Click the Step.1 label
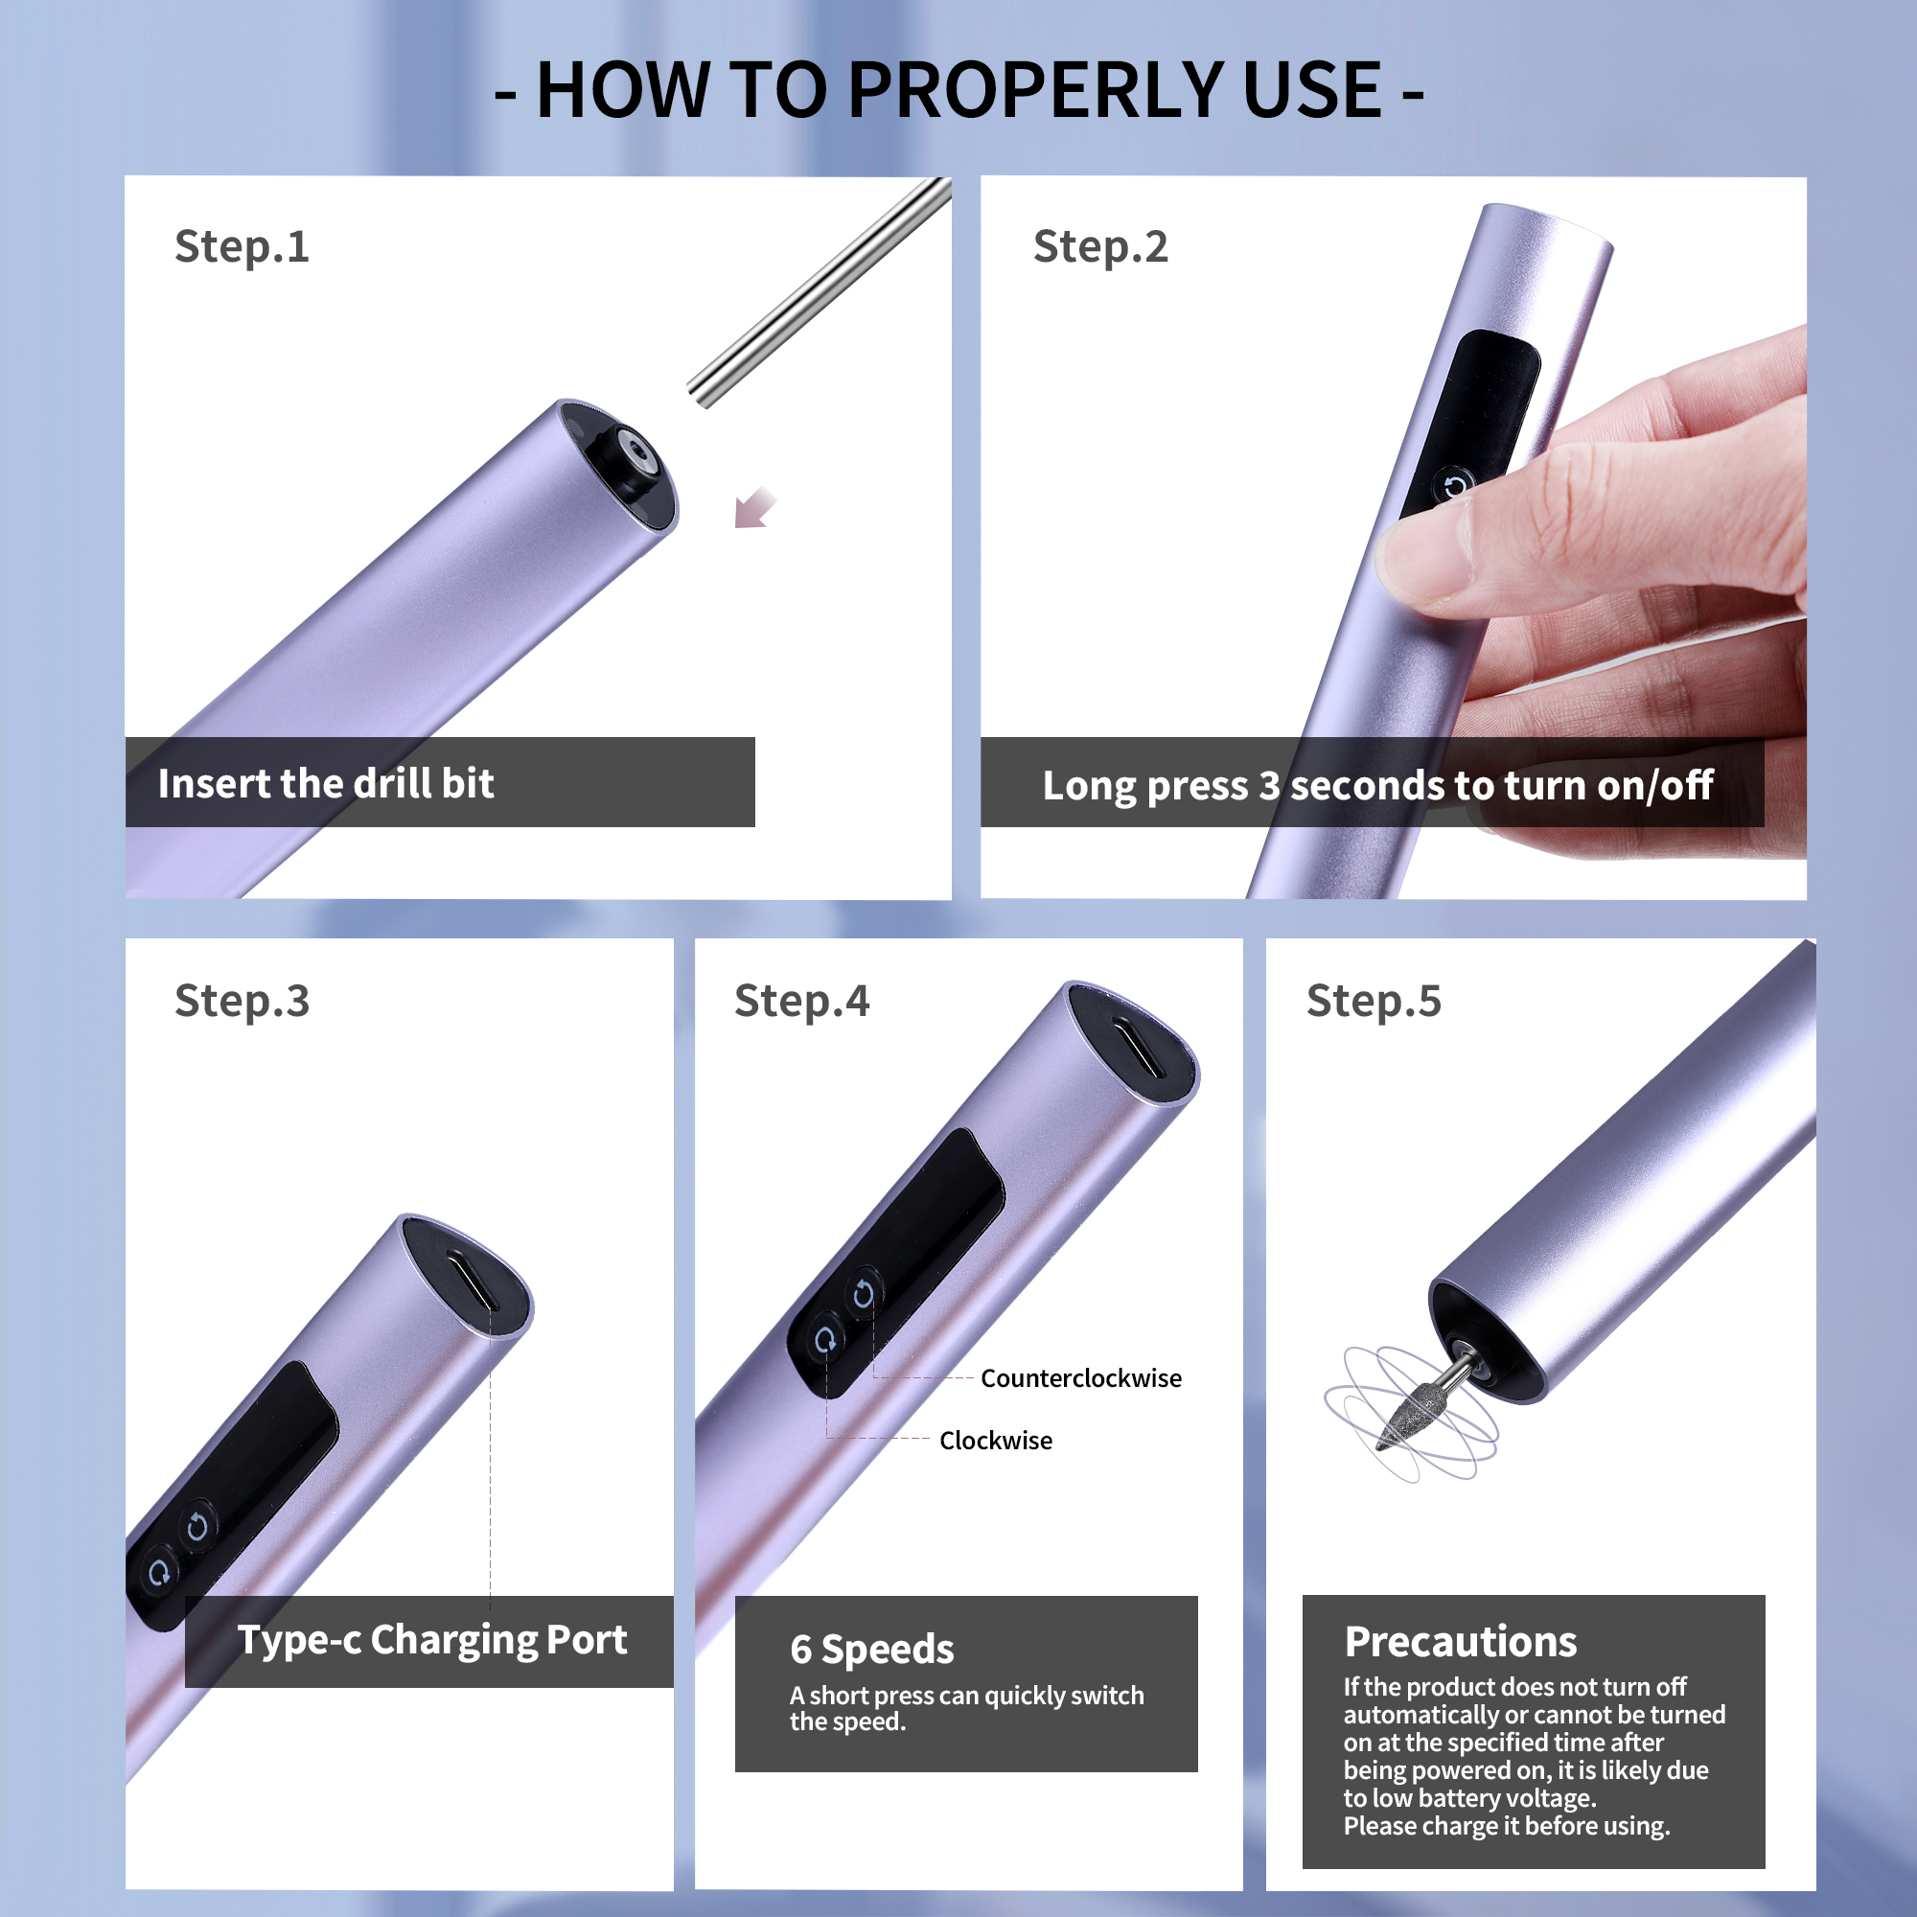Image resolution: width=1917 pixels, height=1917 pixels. point(243,247)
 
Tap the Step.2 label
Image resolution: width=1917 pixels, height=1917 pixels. point(1100,247)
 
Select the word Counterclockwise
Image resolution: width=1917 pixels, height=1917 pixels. point(1080,1378)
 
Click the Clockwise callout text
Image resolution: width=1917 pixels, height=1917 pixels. point(995,1441)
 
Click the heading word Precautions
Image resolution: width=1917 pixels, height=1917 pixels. point(1461,1643)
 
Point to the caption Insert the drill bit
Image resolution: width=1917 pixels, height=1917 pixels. point(326,784)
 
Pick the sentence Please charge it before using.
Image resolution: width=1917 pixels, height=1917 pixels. point(1506,1827)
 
